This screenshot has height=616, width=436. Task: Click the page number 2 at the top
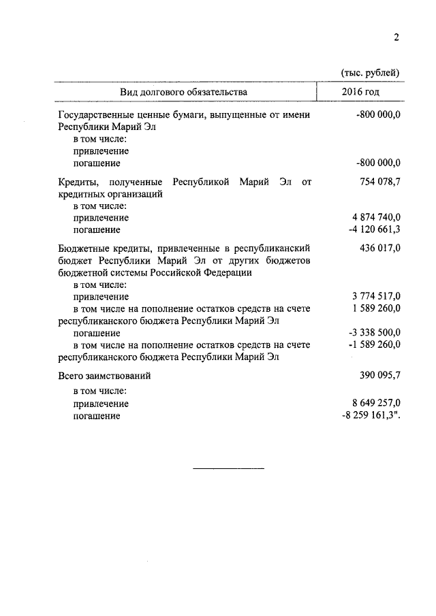[x=395, y=38]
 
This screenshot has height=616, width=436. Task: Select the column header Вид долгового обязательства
[x=184, y=91]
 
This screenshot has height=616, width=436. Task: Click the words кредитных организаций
[x=110, y=194]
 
